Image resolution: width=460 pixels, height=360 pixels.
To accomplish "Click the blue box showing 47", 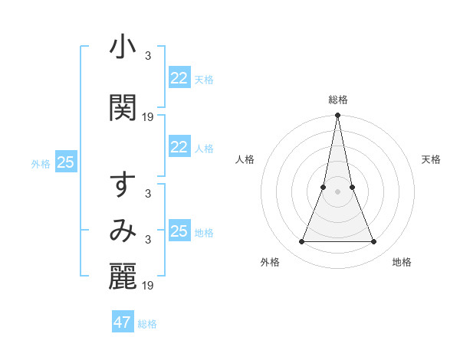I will click(123, 322).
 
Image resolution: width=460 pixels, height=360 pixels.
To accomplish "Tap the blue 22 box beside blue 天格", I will click(179, 78).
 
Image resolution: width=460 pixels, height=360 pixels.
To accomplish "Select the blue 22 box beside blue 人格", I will click(179, 147).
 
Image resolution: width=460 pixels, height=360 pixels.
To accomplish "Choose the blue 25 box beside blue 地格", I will click(179, 231).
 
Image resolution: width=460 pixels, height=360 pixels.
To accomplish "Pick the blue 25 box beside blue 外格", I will click(65, 162).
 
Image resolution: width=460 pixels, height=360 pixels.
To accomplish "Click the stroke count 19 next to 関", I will click(148, 117).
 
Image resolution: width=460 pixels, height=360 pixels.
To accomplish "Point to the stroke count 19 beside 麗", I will click(148, 286).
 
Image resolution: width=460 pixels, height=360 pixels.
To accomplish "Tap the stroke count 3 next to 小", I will click(148, 55).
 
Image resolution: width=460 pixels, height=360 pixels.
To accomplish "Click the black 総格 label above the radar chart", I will click(337, 100).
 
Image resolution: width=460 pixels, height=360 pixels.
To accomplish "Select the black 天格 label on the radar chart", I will click(431, 159).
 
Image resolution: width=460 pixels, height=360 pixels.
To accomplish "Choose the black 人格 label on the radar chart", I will click(245, 159).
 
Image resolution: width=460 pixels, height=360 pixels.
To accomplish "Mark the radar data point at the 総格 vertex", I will click(337, 116).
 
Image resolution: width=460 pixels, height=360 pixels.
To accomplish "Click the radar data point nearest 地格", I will click(374, 242).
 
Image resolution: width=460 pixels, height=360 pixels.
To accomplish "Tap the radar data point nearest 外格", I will click(301, 242).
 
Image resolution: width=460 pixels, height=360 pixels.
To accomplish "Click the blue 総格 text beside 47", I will click(147, 324).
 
